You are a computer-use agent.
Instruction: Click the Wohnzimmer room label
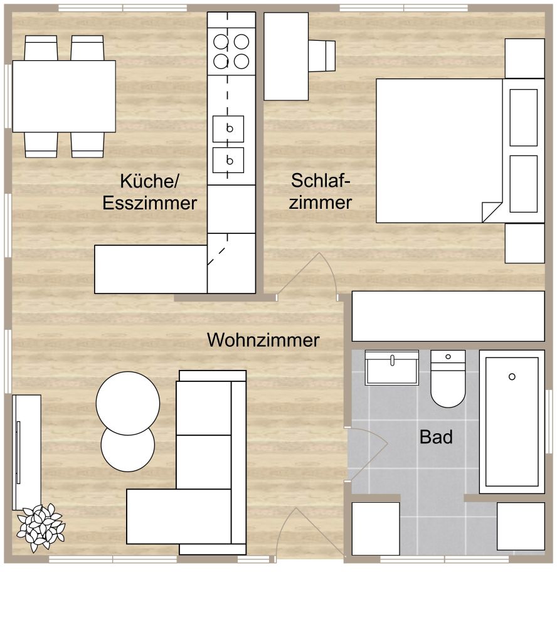pos(263,340)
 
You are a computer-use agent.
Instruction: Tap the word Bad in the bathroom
pos(436,437)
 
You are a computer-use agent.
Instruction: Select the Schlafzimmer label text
pos(321,191)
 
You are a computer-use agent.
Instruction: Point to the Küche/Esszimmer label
pos(150,192)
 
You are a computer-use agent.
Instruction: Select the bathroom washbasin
pos(391,368)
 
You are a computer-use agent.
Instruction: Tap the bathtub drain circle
pos(512,376)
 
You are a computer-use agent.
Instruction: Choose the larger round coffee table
pos(128,403)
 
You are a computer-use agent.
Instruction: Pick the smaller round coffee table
pos(128,448)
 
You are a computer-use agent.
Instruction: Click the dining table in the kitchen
pos(64,96)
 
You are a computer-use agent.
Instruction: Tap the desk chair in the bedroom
pos(324,56)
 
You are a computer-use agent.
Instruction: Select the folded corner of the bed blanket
pos(492,212)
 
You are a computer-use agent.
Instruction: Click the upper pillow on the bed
pos(523,117)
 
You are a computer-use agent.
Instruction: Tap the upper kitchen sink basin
pos(228,129)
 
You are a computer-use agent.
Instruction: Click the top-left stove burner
pos(220,42)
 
